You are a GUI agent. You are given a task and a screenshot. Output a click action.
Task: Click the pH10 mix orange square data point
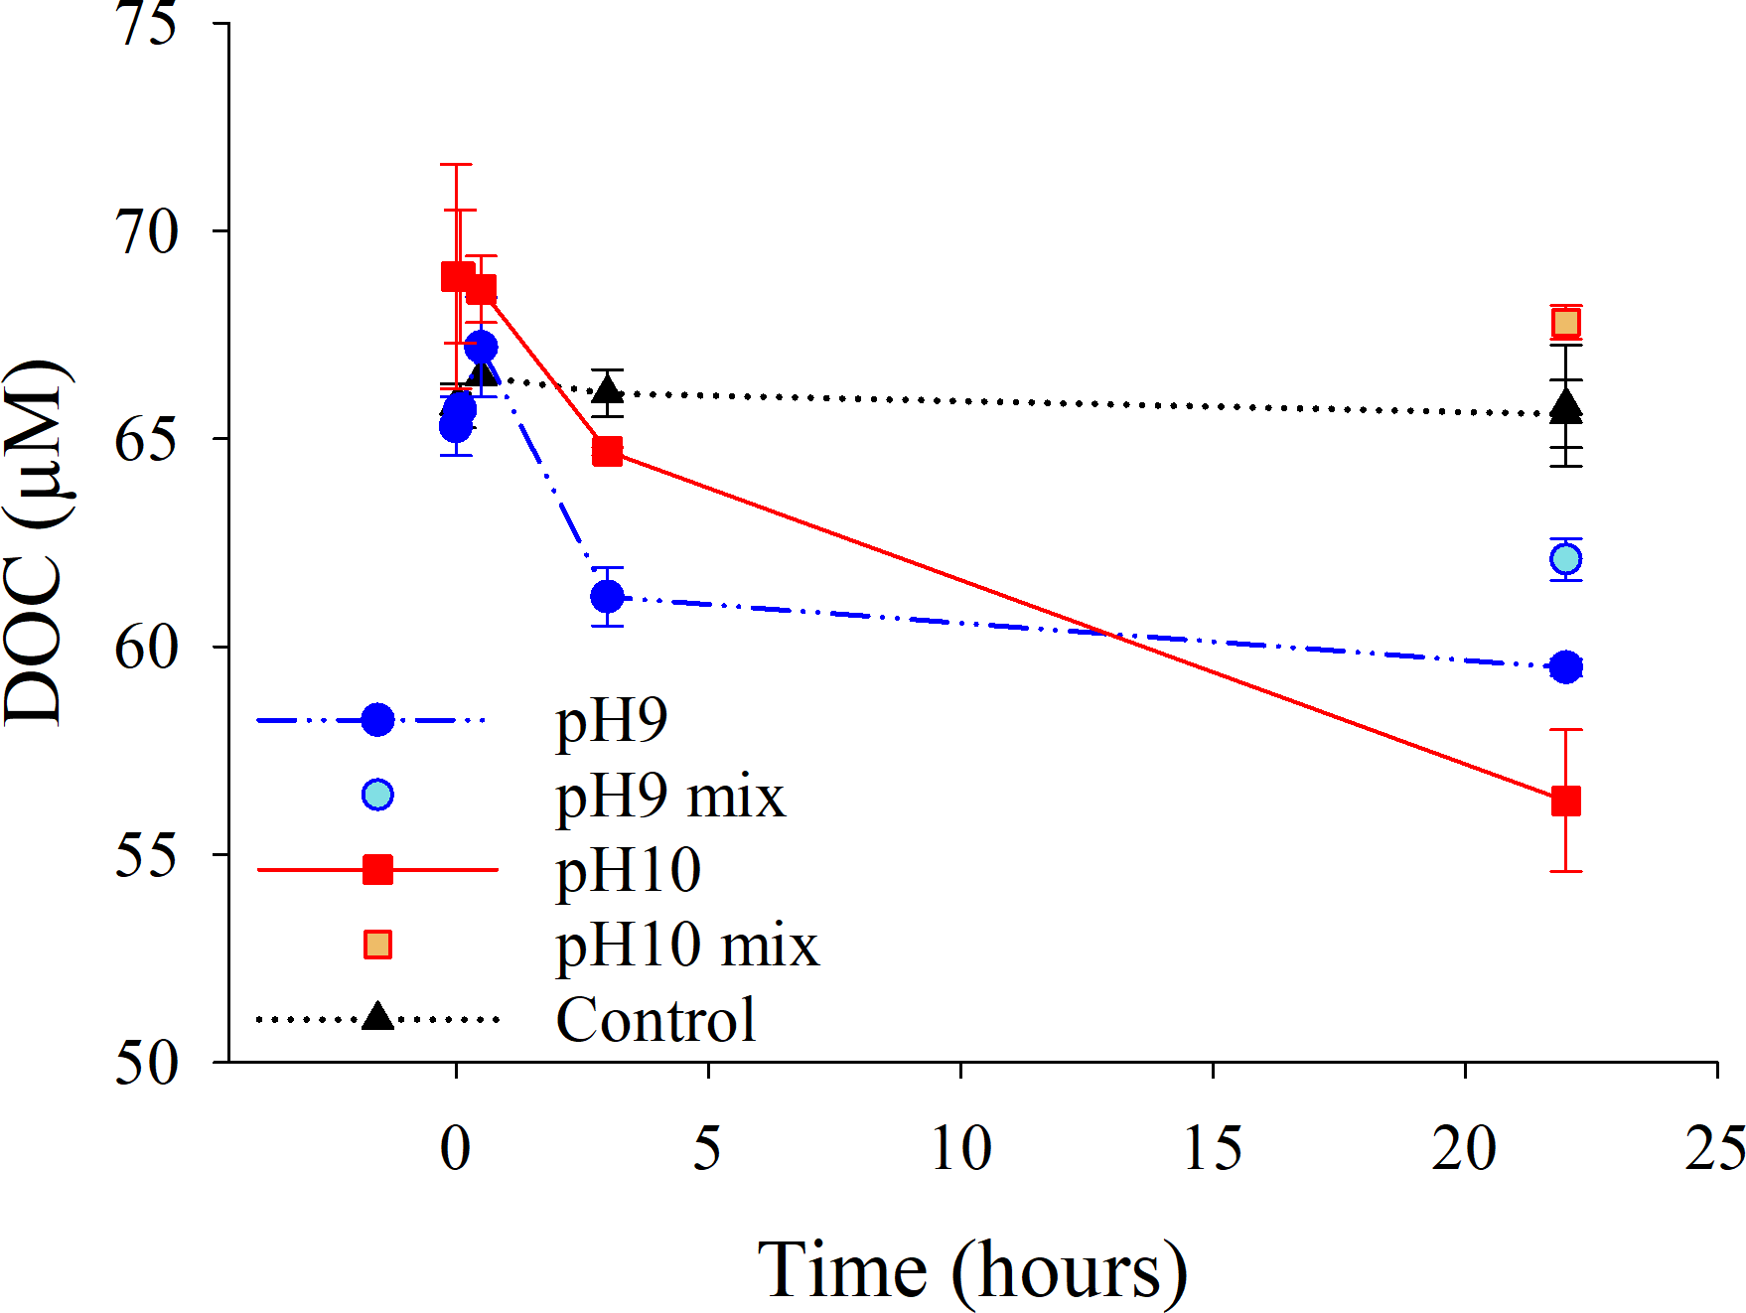[1565, 323]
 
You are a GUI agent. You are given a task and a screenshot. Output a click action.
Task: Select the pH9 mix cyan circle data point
[1565, 559]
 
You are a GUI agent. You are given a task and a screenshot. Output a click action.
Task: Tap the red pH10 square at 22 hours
[1565, 801]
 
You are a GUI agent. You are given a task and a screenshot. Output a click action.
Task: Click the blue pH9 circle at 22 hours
[1565, 666]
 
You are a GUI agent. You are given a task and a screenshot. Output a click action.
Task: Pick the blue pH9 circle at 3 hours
[607, 597]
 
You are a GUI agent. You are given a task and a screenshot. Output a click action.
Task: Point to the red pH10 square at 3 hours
[607, 452]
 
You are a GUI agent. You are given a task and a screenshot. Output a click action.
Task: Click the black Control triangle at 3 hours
[607, 389]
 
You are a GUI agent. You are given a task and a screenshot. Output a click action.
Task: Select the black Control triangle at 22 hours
[1565, 407]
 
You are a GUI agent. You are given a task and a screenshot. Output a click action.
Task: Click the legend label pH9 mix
[670, 796]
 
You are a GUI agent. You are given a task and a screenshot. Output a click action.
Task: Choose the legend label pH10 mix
[687, 945]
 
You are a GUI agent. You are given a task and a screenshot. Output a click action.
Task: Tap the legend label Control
[655, 1020]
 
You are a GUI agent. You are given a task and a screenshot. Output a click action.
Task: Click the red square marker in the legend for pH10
[377, 870]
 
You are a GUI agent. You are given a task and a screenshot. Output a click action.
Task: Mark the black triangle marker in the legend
[377, 1017]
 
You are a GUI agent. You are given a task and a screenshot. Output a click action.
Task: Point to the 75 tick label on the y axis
[147, 24]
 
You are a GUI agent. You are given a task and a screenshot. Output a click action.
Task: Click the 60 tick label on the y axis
[147, 648]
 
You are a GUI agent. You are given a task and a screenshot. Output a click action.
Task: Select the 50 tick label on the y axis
[147, 1063]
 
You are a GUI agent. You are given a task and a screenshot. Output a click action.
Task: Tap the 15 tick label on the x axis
[1213, 1148]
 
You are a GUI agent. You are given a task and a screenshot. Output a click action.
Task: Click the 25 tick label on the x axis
[1714, 1148]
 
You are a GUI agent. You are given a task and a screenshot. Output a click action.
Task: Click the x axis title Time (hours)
[972, 1271]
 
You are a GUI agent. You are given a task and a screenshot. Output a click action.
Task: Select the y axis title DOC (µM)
[36, 542]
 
